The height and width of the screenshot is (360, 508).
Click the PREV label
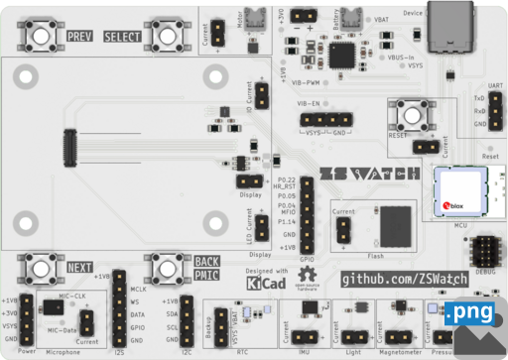pyautogui.click(x=78, y=37)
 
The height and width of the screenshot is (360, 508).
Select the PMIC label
pyautogui.click(x=206, y=275)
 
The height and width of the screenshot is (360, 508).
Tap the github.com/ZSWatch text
pyautogui.click(x=403, y=281)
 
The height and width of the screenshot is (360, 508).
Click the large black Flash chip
pyautogui.click(x=396, y=225)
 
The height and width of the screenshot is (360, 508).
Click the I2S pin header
pyautogui.click(x=118, y=307)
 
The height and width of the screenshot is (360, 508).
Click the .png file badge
pyautogui.click(x=468, y=313)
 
